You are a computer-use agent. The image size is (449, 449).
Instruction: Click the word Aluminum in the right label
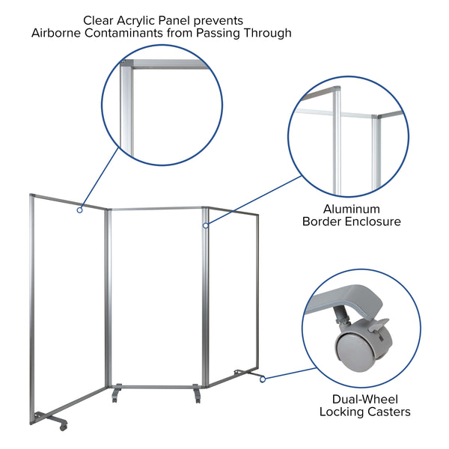click(352, 209)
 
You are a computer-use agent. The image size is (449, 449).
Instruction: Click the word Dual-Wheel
click(364, 399)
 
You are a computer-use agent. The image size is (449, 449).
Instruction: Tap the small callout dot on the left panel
click(79, 210)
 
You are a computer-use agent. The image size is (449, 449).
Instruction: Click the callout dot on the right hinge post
click(204, 224)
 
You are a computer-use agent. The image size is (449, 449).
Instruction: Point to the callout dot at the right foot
click(263, 379)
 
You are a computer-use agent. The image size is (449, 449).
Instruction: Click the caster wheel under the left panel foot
click(63, 425)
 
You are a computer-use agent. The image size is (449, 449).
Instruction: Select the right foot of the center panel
click(196, 393)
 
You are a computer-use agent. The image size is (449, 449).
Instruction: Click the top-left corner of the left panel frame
click(31, 196)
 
